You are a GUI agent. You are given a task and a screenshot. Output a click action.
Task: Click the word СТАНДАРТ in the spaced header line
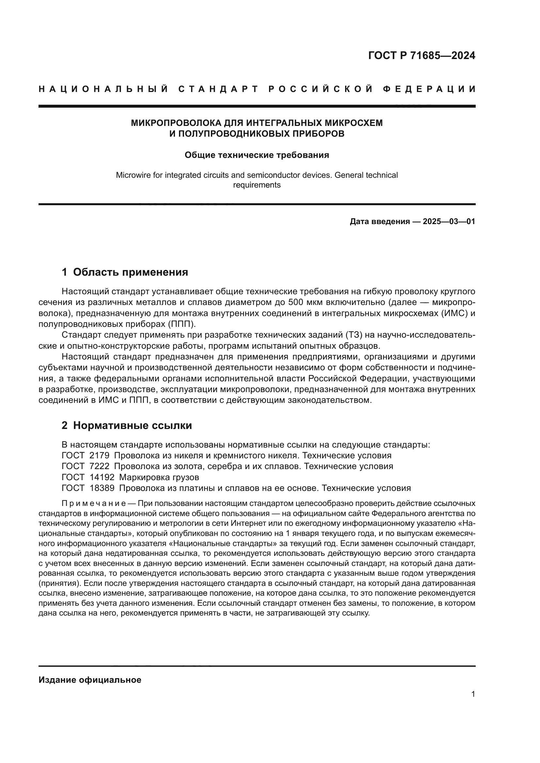(x=218, y=89)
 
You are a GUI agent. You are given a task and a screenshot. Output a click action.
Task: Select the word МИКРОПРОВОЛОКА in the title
(x=176, y=123)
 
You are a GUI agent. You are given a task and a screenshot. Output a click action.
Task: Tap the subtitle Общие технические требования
(x=257, y=155)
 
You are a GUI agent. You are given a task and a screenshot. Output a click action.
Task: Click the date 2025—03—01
(x=449, y=221)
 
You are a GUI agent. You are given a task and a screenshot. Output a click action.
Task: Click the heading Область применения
(x=130, y=272)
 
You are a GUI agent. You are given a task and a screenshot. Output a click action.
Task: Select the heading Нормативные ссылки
(x=132, y=426)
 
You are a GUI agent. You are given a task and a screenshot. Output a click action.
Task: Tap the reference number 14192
(x=102, y=478)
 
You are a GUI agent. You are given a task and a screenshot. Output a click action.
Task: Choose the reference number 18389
(x=102, y=488)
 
